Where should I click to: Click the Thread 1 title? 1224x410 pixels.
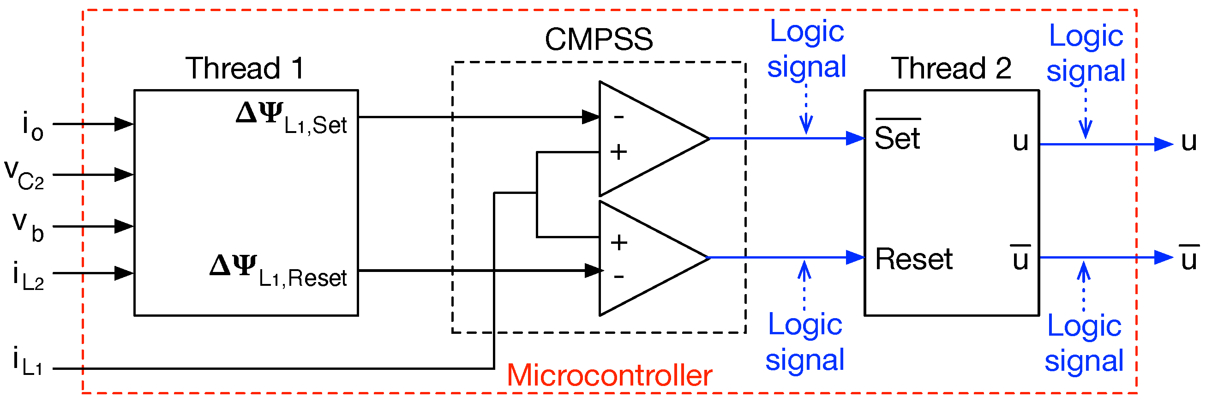pyautogui.click(x=245, y=68)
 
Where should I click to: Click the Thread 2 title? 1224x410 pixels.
pyautogui.click(x=952, y=68)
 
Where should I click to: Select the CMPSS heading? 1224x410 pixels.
pyautogui.click(x=598, y=39)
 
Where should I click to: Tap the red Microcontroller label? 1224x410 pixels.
pyautogui.click(x=609, y=375)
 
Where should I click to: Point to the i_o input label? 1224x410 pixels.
pyautogui.click(x=33, y=127)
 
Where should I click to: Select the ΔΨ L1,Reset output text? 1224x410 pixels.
pyautogui.click(x=278, y=271)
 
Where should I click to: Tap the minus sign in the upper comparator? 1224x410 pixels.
pyautogui.click(x=618, y=117)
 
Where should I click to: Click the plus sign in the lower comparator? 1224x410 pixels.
pyautogui.click(x=618, y=243)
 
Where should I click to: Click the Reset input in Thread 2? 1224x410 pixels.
pyautogui.click(x=913, y=259)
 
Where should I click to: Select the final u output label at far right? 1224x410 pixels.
pyautogui.click(x=1189, y=142)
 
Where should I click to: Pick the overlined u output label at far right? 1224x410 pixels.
pyautogui.click(x=1189, y=259)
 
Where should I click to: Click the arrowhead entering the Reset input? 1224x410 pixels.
pyautogui.click(x=855, y=258)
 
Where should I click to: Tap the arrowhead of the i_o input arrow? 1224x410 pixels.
pyautogui.click(x=124, y=124)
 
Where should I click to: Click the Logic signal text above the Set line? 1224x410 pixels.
pyautogui.click(x=806, y=49)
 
